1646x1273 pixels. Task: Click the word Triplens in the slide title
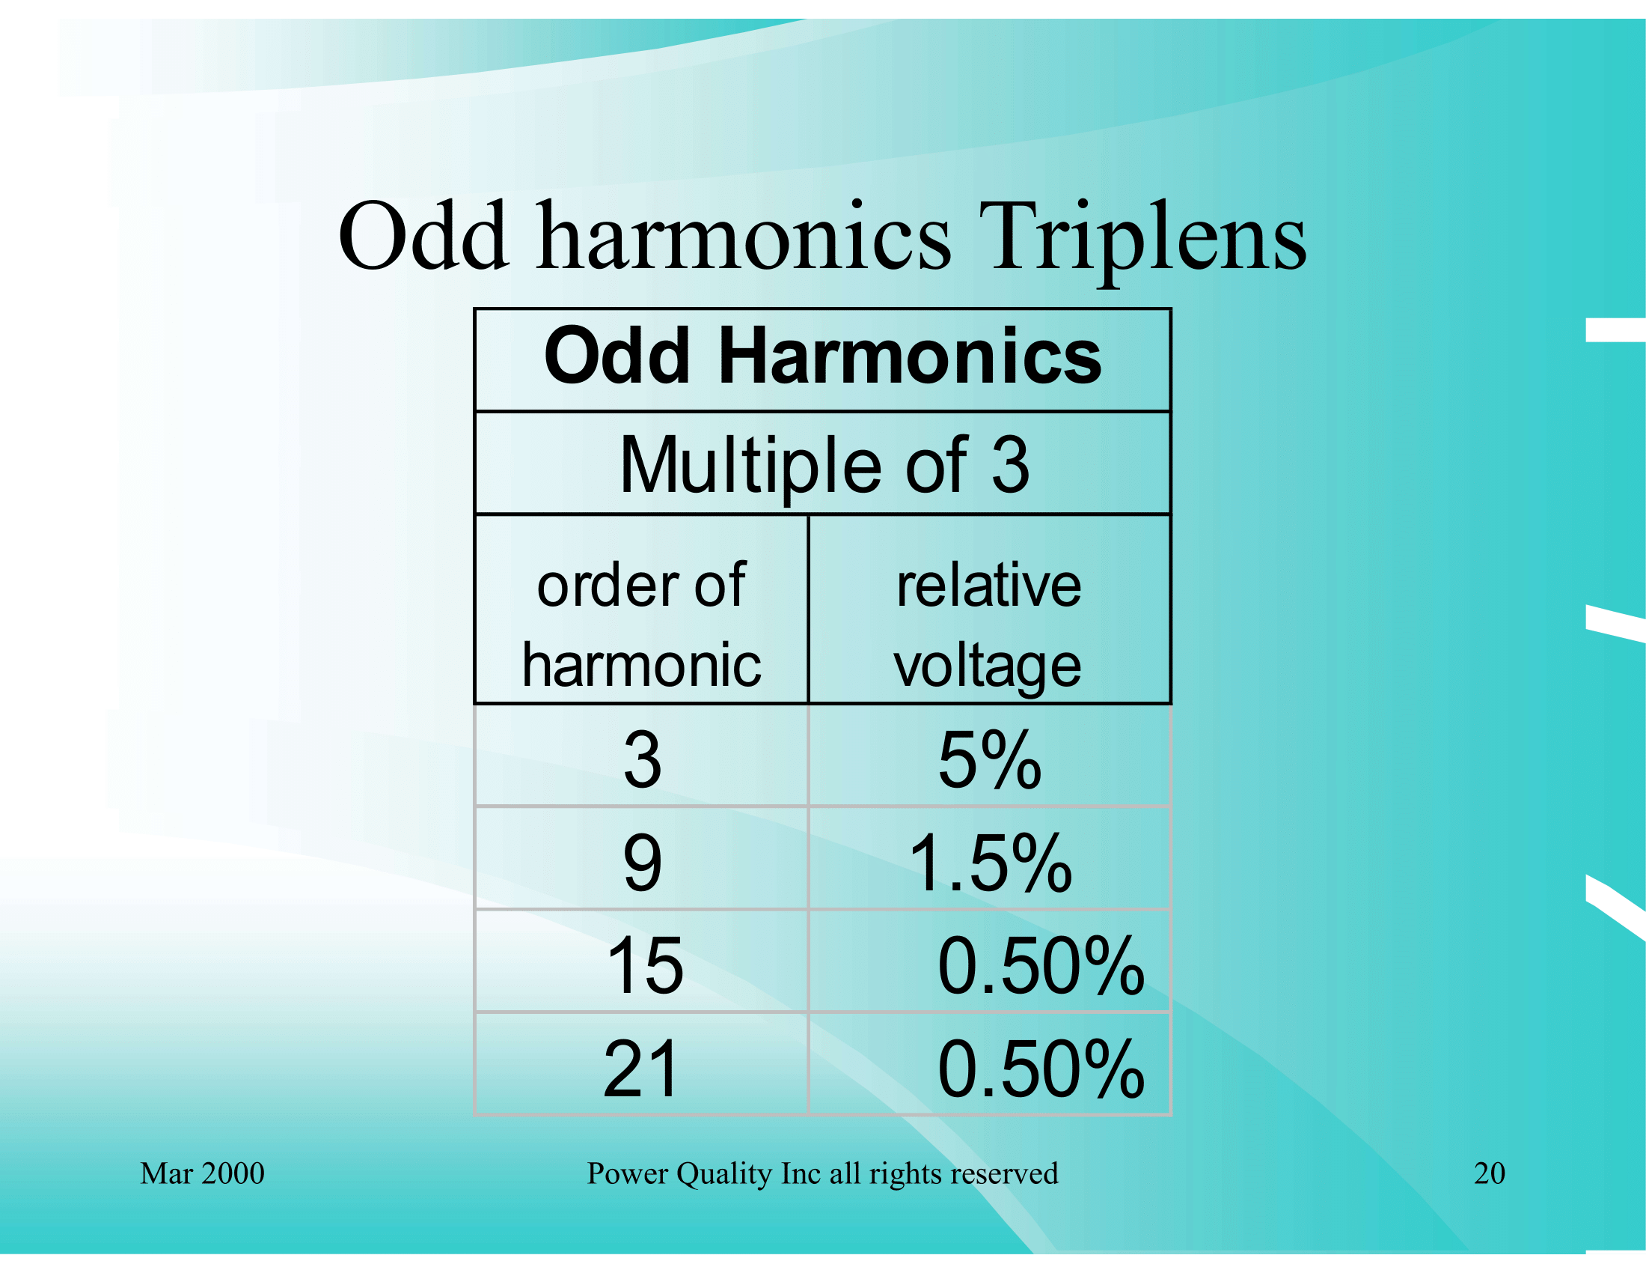click(x=1142, y=238)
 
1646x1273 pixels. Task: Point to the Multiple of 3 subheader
click(x=824, y=467)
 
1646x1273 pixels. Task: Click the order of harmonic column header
click(x=641, y=625)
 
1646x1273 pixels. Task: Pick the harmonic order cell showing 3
click(x=642, y=760)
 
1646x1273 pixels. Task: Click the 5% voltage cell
click(x=990, y=760)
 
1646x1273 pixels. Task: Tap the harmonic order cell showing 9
click(x=642, y=863)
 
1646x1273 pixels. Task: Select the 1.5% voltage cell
click(x=991, y=863)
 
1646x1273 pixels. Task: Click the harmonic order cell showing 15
click(x=644, y=966)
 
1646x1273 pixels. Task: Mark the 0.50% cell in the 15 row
click(x=1041, y=966)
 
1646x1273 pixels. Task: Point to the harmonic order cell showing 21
click(x=640, y=1069)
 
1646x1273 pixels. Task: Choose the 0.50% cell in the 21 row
click(x=1041, y=1069)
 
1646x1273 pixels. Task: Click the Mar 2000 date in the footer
click(x=202, y=1173)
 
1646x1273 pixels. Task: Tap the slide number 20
click(x=1489, y=1173)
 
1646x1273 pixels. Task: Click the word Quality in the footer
click(x=724, y=1174)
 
